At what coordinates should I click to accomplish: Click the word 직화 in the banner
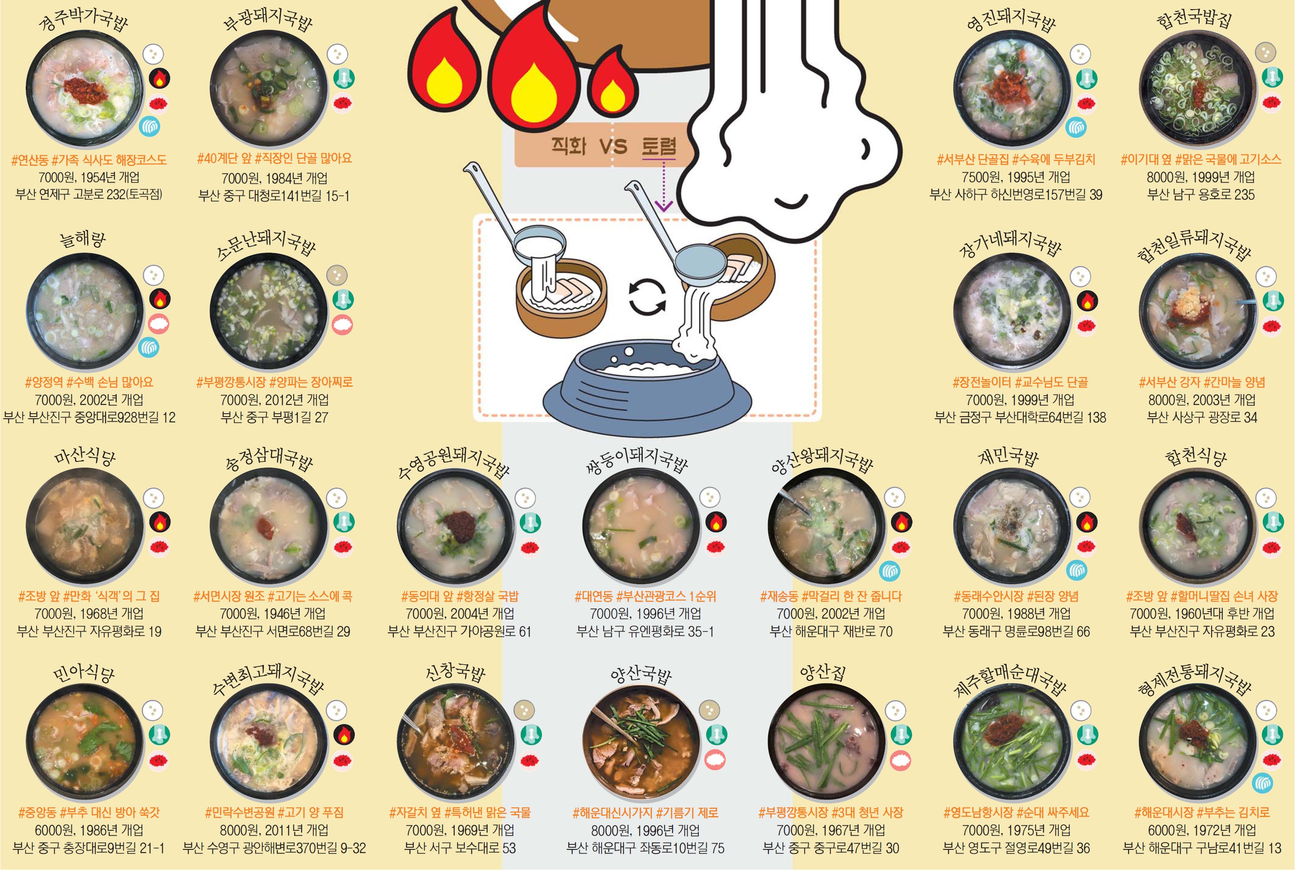tap(569, 146)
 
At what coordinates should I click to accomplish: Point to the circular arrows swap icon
tap(647, 297)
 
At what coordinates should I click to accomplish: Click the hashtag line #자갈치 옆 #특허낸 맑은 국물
tap(460, 813)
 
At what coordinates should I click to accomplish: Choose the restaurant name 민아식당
tap(83, 674)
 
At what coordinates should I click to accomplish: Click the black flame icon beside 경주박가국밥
tap(159, 78)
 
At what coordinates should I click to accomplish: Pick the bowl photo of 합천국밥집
tap(1198, 89)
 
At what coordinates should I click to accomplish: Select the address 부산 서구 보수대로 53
tap(460, 849)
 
